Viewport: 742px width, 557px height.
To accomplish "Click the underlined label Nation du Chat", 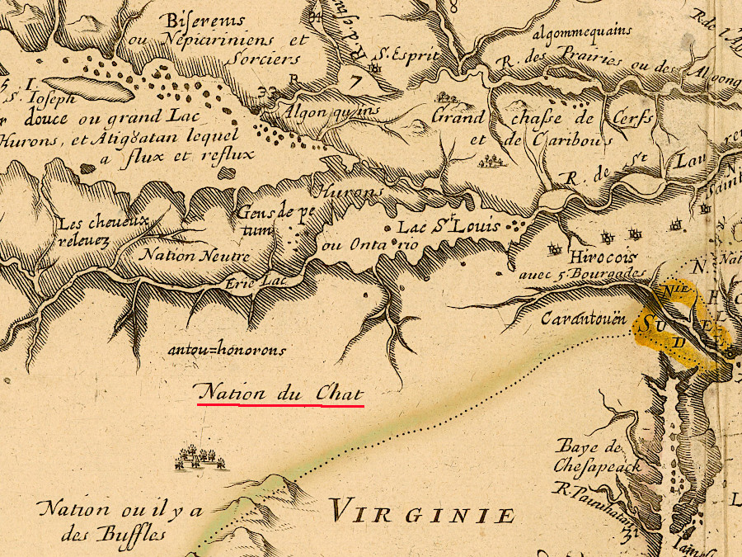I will pyautogui.click(x=278, y=393).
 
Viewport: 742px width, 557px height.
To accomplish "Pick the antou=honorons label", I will pyautogui.click(x=227, y=350).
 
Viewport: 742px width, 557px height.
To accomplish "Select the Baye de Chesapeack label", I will pyautogui.click(x=599, y=456).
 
